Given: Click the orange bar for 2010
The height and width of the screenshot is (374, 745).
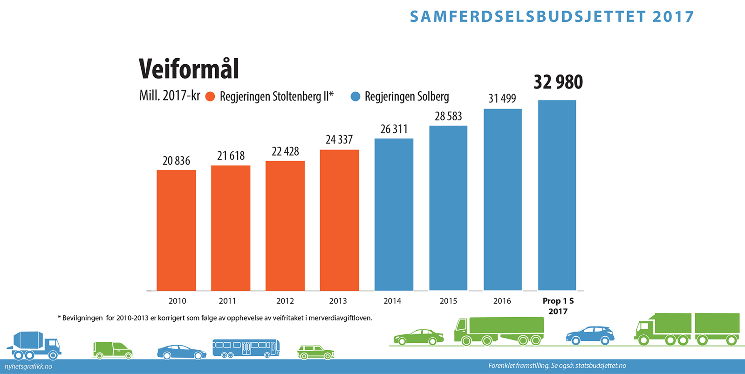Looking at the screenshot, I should pyautogui.click(x=176, y=230).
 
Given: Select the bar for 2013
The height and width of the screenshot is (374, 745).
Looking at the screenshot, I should pyautogui.click(x=339, y=220).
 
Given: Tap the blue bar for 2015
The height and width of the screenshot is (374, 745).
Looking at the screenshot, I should pyautogui.click(x=448, y=208).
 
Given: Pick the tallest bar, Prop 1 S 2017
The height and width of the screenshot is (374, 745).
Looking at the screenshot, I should pyautogui.click(x=557, y=195).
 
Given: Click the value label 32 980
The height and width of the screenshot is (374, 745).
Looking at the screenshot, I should pyautogui.click(x=558, y=82).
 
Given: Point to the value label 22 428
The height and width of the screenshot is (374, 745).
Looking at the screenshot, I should pyautogui.click(x=285, y=151).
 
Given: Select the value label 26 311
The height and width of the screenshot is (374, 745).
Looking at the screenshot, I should pyautogui.click(x=394, y=129).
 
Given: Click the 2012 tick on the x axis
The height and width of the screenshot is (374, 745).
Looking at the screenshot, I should pyautogui.click(x=285, y=301).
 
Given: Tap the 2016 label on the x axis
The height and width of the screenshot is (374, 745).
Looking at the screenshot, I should pyautogui.click(x=502, y=301).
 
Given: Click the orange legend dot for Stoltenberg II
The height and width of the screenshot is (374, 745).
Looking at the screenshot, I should pyautogui.click(x=211, y=97).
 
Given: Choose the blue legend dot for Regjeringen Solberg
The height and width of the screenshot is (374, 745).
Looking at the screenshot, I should pyautogui.click(x=355, y=97).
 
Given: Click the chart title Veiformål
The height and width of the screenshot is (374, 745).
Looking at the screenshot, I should pyautogui.click(x=189, y=69).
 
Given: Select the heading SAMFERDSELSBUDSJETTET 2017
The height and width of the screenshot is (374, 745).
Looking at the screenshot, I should pyautogui.click(x=552, y=17).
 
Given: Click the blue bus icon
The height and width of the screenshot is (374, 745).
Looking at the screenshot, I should pyautogui.click(x=246, y=348).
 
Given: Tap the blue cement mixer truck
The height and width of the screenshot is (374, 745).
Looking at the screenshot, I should pyautogui.click(x=34, y=346).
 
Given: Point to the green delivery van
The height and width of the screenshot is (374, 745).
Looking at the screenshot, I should pyautogui.click(x=112, y=350).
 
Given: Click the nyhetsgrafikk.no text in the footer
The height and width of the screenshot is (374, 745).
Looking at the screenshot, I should pyautogui.click(x=28, y=367).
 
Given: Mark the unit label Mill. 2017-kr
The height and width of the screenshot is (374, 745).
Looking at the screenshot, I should pyautogui.click(x=170, y=96).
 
